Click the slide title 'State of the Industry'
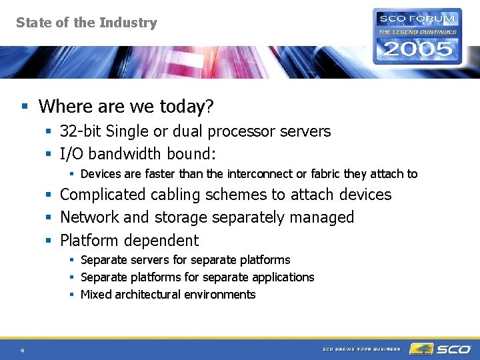pos(87,23)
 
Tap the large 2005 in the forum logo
pos(417,49)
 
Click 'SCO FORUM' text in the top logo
pos(417,18)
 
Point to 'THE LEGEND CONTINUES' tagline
pos(417,31)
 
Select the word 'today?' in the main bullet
pos(189,107)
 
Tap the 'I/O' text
pos(72,154)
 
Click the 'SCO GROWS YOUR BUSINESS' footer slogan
pos(361,349)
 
